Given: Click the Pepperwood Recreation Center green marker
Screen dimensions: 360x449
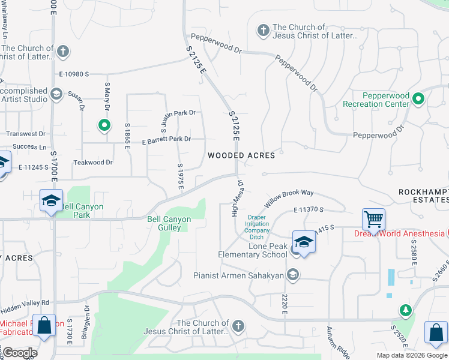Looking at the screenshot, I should coord(419,100).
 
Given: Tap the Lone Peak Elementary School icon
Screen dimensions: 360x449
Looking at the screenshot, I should coord(304,242).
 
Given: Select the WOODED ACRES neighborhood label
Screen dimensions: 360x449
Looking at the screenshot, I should coord(241,155).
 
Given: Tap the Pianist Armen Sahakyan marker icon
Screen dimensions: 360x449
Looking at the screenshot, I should coord(293,275).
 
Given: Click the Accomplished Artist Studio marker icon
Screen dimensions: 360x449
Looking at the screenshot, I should coord(56,94).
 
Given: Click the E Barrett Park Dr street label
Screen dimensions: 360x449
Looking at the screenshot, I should coord(166,139).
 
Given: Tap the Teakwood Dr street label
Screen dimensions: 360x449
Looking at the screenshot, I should coord(92,162).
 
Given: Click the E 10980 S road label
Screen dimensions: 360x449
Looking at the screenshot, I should coord(74,74).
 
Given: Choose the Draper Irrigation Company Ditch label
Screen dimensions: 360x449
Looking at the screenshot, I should coord(257,227).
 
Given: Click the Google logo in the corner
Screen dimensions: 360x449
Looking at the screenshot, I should coord(19,353).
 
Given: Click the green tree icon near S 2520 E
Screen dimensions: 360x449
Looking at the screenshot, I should coord(406,310).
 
